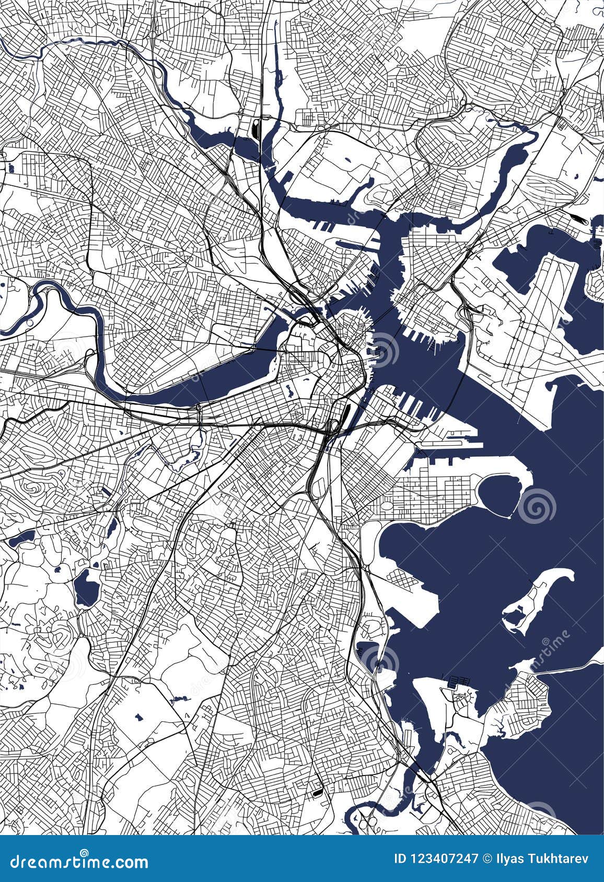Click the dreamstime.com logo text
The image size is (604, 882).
(76, 862)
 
